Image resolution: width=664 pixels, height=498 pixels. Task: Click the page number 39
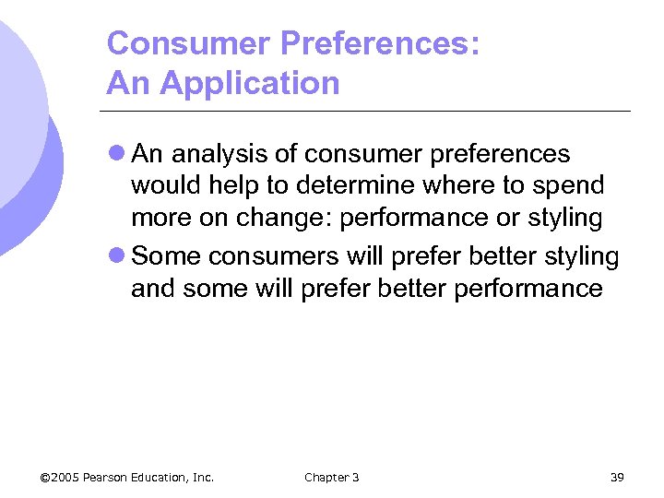(x=617, y=477)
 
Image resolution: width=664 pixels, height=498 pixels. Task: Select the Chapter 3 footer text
(x=331, y=477)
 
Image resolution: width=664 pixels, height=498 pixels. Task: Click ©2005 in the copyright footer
(x=59, y=477)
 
